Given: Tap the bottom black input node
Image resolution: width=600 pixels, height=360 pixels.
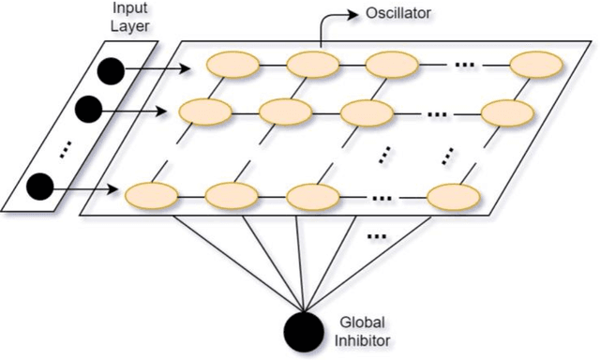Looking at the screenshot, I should [39, 187].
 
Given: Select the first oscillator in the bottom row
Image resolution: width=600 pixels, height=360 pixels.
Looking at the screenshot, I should [152, 197].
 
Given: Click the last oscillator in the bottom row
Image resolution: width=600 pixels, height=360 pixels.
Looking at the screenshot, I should [454, 197].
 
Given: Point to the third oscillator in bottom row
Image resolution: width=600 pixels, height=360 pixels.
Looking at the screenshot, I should [312, 197].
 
